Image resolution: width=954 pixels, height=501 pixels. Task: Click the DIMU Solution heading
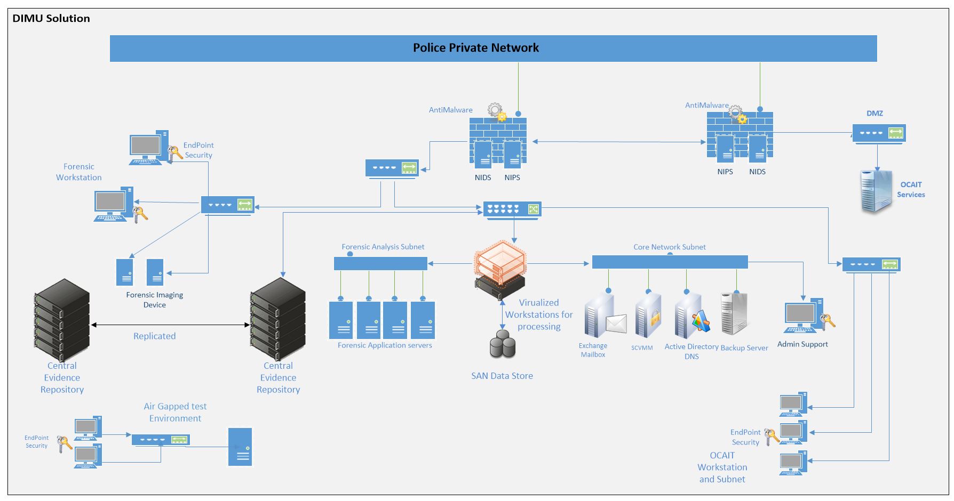[x=51, y=18]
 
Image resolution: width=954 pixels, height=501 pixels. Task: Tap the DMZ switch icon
[x=879, y=133]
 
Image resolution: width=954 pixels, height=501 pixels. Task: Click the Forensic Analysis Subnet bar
[x=380, y=263]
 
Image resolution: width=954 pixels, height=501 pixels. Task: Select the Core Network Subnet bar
[x=670, y=262]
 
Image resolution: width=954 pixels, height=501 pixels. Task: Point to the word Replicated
[x=154, y=336]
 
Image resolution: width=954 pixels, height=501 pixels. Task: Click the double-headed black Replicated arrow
[x=170, y=325]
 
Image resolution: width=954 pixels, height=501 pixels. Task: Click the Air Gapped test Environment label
[x=175, y=413]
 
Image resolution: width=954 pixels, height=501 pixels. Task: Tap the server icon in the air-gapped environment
[x=240, y=447]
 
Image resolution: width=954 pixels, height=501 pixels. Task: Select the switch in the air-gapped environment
[x=161, y=440]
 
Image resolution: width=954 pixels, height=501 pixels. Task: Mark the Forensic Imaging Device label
[x=155, y=300]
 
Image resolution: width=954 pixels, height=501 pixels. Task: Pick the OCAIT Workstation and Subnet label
[x=722, y=467]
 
